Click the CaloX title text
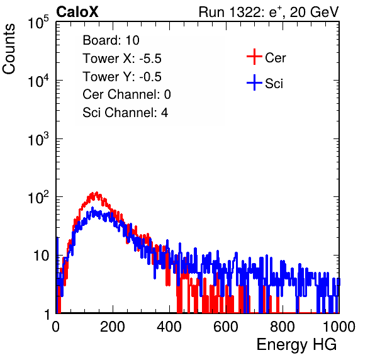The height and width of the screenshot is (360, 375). click(77, 12)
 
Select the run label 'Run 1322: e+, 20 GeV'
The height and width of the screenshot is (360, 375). click(269, 12)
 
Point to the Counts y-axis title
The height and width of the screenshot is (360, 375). click(9, 49)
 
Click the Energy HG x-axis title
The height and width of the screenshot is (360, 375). click(296, 345)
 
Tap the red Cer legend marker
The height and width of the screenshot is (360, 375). click(254, 57)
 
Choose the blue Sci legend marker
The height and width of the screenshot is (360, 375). click(254, 82)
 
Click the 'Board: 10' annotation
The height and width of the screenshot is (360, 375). click(111, 40)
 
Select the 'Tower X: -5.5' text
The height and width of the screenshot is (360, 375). click(122, 59)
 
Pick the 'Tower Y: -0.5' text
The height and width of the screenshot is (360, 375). click(122, 77)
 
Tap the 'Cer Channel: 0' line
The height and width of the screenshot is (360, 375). click(126, 94)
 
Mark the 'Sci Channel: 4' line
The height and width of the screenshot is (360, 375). click(125, 113)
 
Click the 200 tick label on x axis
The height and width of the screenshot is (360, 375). click(113, 327)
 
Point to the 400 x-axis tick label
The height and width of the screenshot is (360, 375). click(169, 327)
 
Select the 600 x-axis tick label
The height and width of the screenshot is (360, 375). click(226, 327)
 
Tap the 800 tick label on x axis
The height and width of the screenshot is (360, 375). click(283, 327)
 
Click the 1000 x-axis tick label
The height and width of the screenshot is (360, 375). click(339, 327)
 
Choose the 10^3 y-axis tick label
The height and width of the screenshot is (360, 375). click(38, 138)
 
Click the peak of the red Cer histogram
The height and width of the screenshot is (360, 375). click(97, 192)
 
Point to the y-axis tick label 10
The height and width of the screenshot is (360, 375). click(42, 256)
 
